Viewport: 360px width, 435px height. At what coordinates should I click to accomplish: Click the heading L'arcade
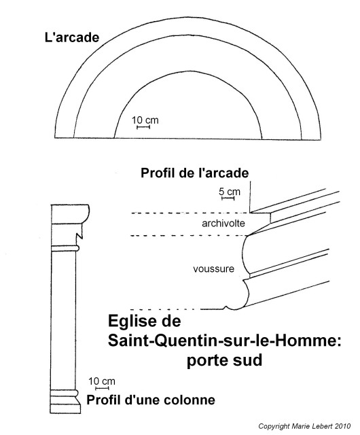click(72, 37)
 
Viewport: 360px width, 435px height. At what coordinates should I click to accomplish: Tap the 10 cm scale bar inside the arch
click(143, 127)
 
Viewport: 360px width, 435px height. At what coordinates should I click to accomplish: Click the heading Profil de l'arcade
click(195, 173)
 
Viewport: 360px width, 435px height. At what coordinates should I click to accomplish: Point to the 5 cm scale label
click(230, 192)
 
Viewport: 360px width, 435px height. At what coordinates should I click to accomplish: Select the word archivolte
click(223, 224)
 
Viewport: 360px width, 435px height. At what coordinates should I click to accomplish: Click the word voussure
click(213, 269)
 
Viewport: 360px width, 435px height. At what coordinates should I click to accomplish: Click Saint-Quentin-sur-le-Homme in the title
click(224, 341)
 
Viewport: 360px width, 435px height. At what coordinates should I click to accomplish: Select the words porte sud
click(224, 360)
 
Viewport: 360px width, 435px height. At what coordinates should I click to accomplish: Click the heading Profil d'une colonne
click(151, 400)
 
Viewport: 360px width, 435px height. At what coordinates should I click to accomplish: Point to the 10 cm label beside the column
click(101, 381)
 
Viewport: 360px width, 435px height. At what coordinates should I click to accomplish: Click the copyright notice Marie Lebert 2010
click(304, 426)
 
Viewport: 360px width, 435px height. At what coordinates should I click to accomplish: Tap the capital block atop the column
click(70, 214)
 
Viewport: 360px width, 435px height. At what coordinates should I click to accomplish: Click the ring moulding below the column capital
click(65, 248)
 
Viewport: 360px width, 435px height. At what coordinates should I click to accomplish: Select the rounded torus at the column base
click(65, 393)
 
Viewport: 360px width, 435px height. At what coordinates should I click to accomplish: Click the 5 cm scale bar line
click(228, 198)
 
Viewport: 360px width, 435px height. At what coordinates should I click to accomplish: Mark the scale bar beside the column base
click(102, 388)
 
